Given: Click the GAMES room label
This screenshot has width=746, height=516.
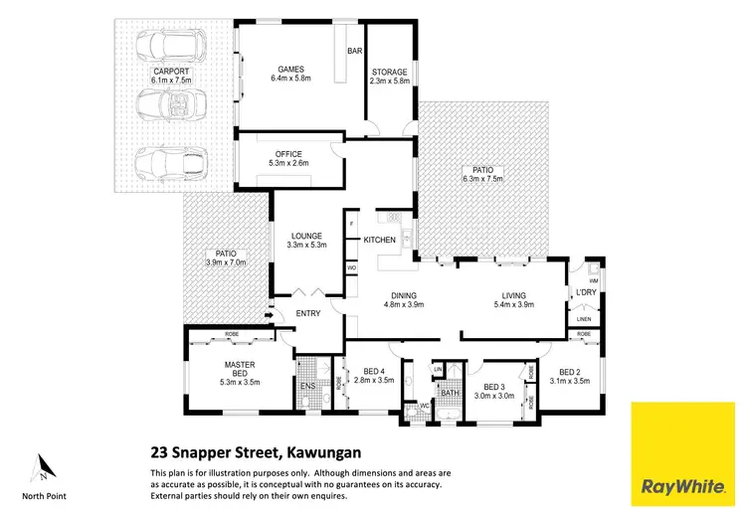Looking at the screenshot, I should point(289,69).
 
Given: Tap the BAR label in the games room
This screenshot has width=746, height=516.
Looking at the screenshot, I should point(353,51).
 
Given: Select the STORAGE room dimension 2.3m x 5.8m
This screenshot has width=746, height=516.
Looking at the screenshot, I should point(389,82).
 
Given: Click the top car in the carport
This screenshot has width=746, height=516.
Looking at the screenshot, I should point(169,47).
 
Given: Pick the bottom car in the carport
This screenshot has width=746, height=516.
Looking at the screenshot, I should point(169,161).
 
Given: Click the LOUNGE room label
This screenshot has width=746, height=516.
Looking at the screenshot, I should point(305,236).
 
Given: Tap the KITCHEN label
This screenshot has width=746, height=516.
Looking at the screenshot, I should point(380,240).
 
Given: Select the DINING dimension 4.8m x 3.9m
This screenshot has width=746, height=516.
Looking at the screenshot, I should point(404,304).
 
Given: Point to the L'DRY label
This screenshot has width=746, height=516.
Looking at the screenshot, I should point(585,291).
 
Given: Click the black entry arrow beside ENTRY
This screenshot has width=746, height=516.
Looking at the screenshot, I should point(268,317).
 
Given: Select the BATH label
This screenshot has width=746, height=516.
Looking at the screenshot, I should point(450,393).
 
